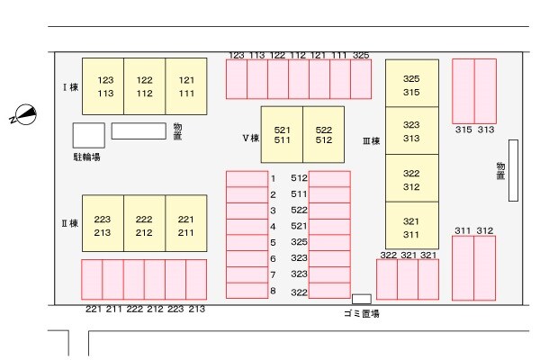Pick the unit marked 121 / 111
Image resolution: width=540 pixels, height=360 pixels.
click(x=186, y=86)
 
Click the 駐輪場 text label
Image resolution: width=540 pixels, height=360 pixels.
click(x=86, y=157)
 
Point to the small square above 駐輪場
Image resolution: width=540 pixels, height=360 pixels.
click(x=88, y=135)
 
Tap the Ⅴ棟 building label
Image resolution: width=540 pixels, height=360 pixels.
click(x=250, y=139)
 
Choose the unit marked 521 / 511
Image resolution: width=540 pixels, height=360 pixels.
click(x=282, y=135)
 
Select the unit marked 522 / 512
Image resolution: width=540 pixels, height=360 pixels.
click(x=324, y=135)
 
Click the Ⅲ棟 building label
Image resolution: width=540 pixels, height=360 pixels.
click(x=371, y=140)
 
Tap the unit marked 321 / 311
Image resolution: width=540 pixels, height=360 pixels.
click(x=411, y=228)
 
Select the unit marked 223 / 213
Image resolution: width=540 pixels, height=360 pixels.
click(x=103, y=225)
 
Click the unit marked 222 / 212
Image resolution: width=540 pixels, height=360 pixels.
click(x=144, y=225)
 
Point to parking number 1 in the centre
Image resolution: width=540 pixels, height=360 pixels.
click(x=273, y=178)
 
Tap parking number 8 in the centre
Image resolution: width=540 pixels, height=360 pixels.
click(x=273, y=291)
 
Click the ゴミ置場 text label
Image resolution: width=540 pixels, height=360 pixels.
click(x=361, y=313)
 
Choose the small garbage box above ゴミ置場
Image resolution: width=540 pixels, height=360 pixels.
click(x=361, y=299)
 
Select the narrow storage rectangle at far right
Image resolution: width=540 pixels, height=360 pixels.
click(x=513, y=171)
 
